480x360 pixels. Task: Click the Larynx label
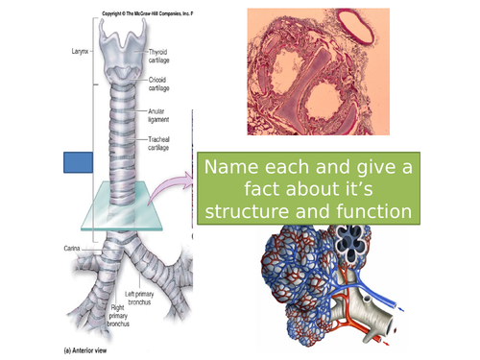coord(77,43)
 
